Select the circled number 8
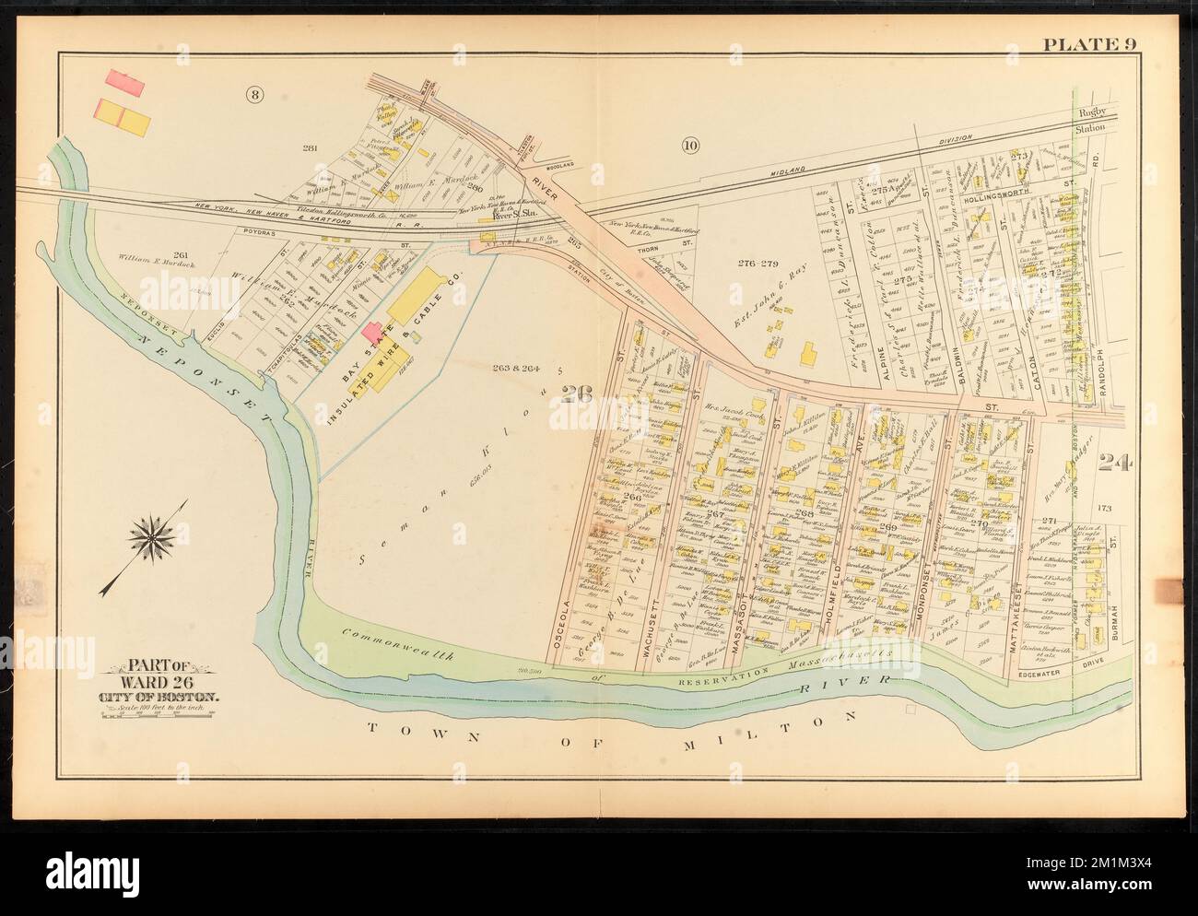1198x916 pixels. coord(251,93)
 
